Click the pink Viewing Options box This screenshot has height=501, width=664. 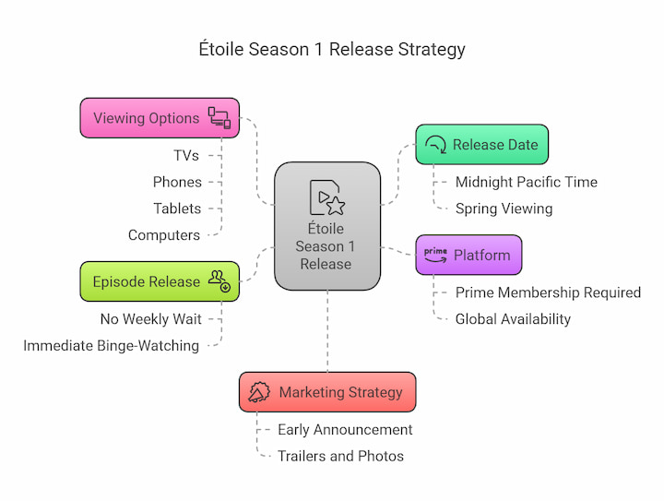[160, 118]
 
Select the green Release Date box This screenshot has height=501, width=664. [482, 145]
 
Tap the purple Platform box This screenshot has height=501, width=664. [468, 255]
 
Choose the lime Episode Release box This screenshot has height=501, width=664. [160, 281]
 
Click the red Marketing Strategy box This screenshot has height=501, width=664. [327, 392]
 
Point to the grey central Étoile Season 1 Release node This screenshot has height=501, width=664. [327, 226]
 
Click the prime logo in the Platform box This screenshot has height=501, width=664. [435, 255]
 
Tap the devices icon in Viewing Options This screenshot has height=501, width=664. [219, 118]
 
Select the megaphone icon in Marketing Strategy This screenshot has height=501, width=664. [259, 392]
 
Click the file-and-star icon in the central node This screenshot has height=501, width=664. [326, 197]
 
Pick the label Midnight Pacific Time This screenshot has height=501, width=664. [527, 182]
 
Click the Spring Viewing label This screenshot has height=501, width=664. [504, 209]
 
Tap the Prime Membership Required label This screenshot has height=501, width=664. [548, 292]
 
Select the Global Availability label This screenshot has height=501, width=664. [513, 319]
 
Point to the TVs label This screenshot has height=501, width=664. [186, 155]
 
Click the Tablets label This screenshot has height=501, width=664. [177, 209]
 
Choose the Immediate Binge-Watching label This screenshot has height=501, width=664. [111, 346]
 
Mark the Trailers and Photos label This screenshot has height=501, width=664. [340, 456]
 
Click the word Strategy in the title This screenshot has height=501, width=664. [432, 50]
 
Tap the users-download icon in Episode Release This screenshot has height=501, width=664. [219, 281]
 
